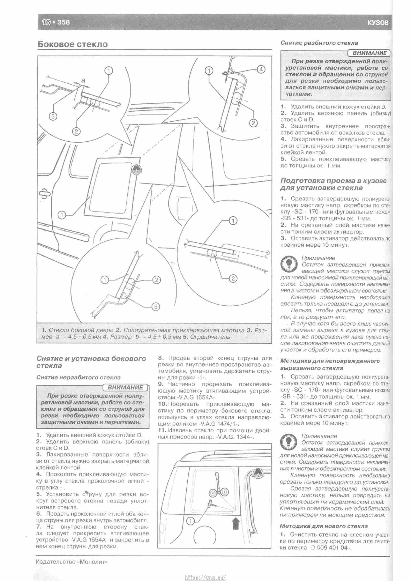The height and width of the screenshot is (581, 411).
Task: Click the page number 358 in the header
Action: pyautogui.click(x=63, y=22)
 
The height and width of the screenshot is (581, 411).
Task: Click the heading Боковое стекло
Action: pyautogui.click(x=73, y=44)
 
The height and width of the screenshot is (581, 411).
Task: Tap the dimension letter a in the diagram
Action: pyautogui.click(x=83, y=81)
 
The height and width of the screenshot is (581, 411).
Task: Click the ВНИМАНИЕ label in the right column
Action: pyautogui.click(x=369, y=53)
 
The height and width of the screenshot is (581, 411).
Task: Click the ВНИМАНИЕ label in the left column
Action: pyautogui.click(x=125, y=387)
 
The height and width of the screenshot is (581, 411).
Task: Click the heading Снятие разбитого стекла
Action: pyautogui.click(x=319, y=43)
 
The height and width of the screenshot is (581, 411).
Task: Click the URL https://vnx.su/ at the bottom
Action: pyautogui.click(x=205, y=576)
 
